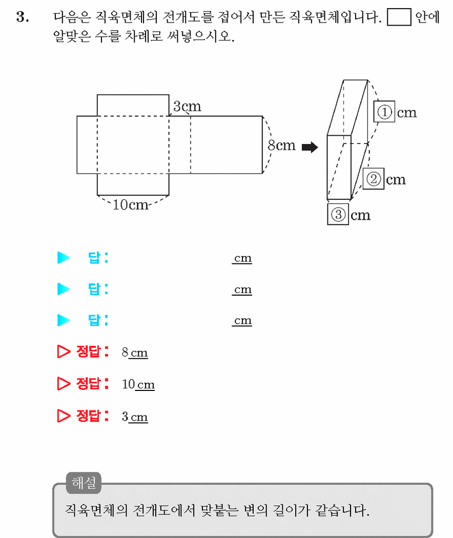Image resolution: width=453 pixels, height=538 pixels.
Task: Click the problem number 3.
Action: click(x=23, y=17)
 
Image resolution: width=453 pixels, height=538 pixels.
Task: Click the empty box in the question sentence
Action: click(x=399, y=17)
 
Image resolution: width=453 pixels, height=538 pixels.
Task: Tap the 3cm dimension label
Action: click(x=187, y=107)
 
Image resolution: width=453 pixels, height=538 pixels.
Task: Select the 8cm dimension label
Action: click(x=281, y=146)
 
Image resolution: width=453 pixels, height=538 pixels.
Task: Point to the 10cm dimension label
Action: click(x=130, y=205)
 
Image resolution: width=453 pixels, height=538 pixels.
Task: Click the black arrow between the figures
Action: click(x=310, y=147)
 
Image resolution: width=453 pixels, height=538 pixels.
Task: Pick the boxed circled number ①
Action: click(x=384, y=112)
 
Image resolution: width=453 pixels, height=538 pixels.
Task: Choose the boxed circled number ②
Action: click(x=374, y=179)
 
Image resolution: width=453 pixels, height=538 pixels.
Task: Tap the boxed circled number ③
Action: click(x=338, y=215)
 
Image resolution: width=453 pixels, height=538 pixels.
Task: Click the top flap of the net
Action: click(x=133, y=106)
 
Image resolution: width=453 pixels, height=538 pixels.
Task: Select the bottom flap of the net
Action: click(x=133, y=184)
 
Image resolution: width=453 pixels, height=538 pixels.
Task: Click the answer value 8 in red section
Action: click(x=125, y=353)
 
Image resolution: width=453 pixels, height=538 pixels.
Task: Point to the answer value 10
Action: click(x=128, y=384)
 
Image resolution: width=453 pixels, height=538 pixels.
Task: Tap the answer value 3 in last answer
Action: click(x=125, y=417)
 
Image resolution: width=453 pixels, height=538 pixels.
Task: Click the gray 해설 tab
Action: click(x=84, y=483)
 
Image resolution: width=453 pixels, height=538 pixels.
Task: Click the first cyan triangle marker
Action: click(x=63, y=258)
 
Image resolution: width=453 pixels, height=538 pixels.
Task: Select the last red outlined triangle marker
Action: click(x=63, y=416)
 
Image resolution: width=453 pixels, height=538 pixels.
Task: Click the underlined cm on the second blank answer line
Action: click(x=242, y=289)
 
